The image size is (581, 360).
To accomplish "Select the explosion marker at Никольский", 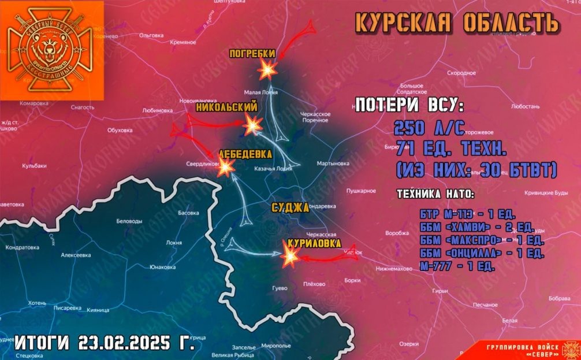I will [x=253, y=124].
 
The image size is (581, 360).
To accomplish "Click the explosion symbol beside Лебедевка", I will [x=225, y=168].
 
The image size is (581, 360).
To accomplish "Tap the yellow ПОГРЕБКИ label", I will [x=252, y=54].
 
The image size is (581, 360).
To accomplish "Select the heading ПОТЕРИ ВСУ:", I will [x=408, y=106].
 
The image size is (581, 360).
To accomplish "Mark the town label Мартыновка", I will [x=333, y=164].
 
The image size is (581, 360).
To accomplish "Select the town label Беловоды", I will [x=129, y=221].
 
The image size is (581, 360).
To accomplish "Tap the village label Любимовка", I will [x=157, y=110].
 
